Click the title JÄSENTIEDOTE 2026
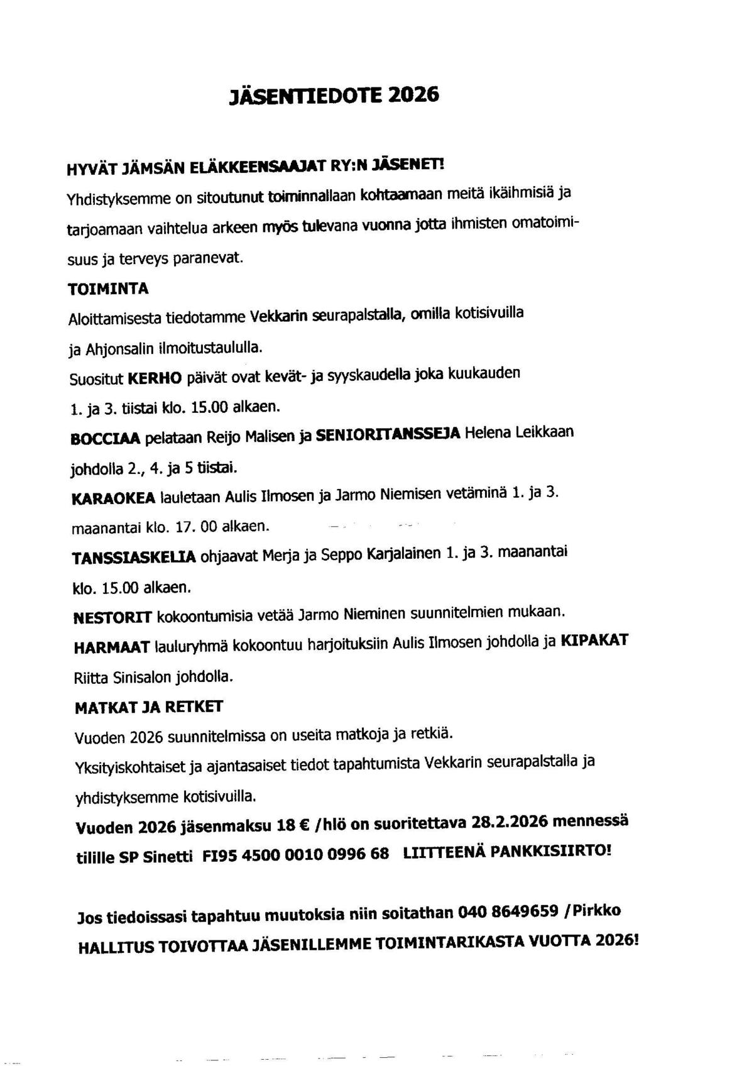[334, 95]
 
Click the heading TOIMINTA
[108, 288]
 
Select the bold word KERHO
[155, 378]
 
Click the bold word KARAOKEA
[114, 498]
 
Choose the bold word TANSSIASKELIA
[134, 558]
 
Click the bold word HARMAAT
[112, 647]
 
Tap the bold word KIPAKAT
[594, 642]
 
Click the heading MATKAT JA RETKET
[149, 707]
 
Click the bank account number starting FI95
[295, 855]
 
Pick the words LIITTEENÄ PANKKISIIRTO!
[506, 852]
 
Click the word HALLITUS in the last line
[116, 948]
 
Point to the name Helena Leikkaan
[519, 434]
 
